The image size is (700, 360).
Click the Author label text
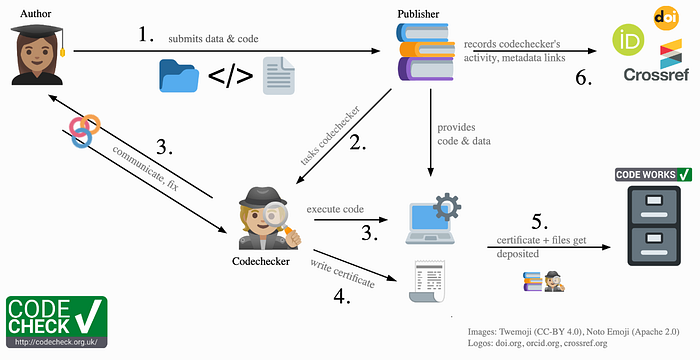click(x=35, y=14)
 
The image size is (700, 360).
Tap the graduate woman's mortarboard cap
click(x=37, y=32)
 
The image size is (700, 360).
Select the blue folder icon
click(x=179, y=76)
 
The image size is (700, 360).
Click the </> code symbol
click(x=230, y=76)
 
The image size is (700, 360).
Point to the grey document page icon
click(x=279, y=75)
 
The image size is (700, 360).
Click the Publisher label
click(x=418, y=14)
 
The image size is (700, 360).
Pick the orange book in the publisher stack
click(x=427, y=49)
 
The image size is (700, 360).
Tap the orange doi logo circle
click(x=666, y=18)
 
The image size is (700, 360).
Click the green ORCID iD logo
click(x=628, y=40)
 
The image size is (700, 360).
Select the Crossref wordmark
click(x=656, y=74)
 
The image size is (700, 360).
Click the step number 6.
click(x=583, y=78)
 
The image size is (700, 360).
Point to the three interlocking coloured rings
click(x=84, y=130)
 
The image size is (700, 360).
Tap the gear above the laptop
click(x=447, y=207)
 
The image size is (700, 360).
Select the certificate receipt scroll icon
click(x=427, y=281)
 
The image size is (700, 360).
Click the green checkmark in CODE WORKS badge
click(x=683, y=174)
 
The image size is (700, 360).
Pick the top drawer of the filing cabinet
click(x=654, y=208)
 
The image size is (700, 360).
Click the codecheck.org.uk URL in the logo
click(x=57, y=342)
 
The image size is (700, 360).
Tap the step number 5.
click(x=540, y=222)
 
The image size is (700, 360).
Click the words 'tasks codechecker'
click(x=329, y=135)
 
